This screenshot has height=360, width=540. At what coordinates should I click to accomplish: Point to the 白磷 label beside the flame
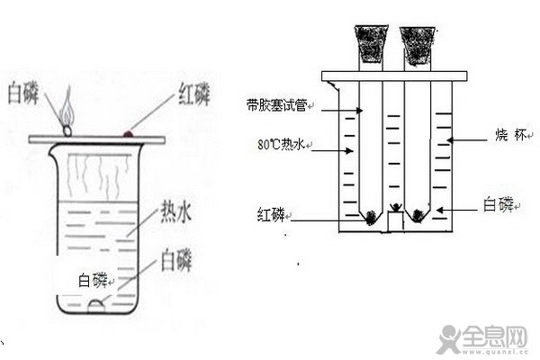(24, 92)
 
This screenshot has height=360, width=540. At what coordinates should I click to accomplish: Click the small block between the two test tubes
(392, 220)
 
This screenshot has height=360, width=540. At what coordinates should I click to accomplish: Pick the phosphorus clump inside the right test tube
(417, 216)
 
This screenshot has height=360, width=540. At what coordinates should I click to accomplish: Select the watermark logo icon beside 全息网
(448, 340)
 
